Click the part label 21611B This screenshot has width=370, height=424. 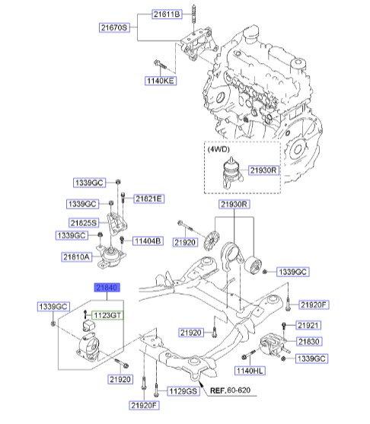coord(167,14)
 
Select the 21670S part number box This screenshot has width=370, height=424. coord(114,27)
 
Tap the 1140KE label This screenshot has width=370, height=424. coord(161,81)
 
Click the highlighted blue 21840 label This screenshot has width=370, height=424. coord(107,288)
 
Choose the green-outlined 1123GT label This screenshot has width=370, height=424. coord(107,315)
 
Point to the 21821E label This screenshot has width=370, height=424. coord(148,199)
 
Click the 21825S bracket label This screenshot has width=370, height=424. coord(84,223)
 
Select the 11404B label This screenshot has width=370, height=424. coord(148,241)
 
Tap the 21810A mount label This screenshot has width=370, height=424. coord(77,257)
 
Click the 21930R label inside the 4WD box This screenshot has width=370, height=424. coord(263,171)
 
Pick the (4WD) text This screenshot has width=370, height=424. coord(218,149)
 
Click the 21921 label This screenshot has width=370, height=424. coord(308,325)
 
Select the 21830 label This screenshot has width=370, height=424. coord(309,342)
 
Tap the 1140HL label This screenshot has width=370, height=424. coord(250,371)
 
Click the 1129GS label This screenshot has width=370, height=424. coord(183,391)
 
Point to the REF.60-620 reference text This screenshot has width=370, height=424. coord(230,391)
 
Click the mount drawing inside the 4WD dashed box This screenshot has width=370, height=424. coord(231,173)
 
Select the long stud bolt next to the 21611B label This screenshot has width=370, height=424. coord(194,20)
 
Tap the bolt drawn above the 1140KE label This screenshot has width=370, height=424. coord(161,65)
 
